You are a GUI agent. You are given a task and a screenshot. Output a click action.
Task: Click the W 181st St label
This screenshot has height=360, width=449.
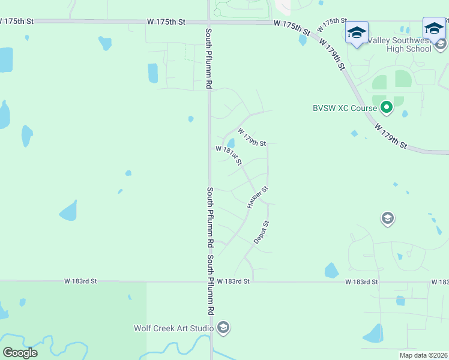click(229, 155)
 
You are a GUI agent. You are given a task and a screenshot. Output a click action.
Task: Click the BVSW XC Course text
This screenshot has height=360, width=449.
click(345, 108)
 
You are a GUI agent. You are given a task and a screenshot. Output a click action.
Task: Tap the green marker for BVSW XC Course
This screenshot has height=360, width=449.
click(387, 107)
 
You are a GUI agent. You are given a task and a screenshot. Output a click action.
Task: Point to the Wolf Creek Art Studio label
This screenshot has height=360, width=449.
click(174, 328)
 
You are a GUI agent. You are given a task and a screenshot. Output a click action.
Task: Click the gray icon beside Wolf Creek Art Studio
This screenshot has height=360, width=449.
click(223, 328)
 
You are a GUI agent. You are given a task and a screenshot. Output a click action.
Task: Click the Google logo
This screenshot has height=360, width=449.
click(20, 353)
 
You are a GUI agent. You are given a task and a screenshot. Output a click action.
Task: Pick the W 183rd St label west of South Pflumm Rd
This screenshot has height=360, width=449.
click(81, 281)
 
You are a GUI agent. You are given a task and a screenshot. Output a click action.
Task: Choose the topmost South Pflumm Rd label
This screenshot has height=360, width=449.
click(209, 59)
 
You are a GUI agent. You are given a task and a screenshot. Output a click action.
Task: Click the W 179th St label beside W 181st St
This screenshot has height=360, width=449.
click(252, 137)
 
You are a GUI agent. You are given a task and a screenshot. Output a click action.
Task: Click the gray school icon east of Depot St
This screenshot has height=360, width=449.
click(388, 218)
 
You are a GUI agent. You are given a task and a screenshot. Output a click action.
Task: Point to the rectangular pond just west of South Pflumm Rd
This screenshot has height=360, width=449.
click(152, 73)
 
